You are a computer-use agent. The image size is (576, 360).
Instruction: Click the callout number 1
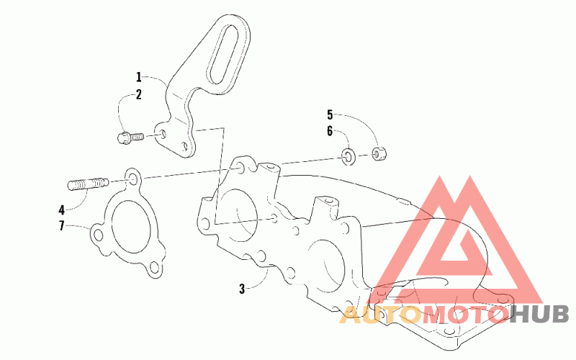pyautogui.click(x=139, y=76)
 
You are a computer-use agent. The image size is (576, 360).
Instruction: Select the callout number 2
pyautogui.click(x=139, y=94)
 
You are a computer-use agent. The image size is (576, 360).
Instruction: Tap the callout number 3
pyautogui.click(x=243, y=289)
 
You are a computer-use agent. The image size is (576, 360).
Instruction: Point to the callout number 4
pyautogui.click(x=62, y=210)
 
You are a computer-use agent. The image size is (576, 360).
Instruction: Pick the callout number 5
pyautogui.click(x=330, y=114)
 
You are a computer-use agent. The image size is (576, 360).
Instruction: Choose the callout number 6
pyautogui.click(x=330, y=131)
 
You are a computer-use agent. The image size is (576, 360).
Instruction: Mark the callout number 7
pyautogui.click(x=62, y=226)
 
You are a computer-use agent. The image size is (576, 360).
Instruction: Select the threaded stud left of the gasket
pyautogui.click(x=88, y=185)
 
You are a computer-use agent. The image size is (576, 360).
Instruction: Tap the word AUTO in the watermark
pyautogui.click(x=380, y=314)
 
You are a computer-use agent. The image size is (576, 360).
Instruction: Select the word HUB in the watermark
pyautogui.click(x=540, y=314)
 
